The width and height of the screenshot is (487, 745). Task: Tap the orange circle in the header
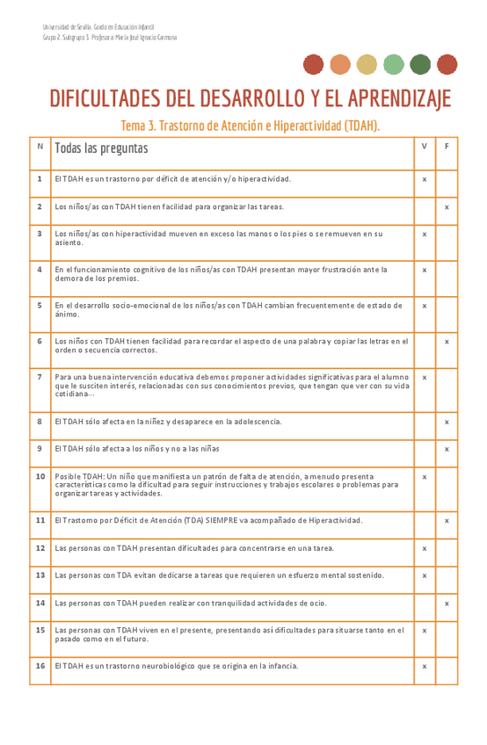340,64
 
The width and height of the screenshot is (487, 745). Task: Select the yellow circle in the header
367,64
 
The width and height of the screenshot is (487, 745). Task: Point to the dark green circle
420,64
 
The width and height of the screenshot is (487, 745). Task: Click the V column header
425,146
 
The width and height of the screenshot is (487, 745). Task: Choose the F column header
447,146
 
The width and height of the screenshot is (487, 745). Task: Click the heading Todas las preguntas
101,148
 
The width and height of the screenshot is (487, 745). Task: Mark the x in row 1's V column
425,179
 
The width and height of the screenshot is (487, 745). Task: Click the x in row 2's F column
447,206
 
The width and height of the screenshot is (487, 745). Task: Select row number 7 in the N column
40,377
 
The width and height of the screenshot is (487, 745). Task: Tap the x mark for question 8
447,423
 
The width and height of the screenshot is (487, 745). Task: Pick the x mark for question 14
447,604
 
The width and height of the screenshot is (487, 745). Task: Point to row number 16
40,666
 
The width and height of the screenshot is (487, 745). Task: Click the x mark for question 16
425,667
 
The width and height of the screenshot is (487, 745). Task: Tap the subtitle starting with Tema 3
250,126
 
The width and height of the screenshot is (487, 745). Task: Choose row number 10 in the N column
40,476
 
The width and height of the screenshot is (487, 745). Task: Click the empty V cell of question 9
425,449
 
